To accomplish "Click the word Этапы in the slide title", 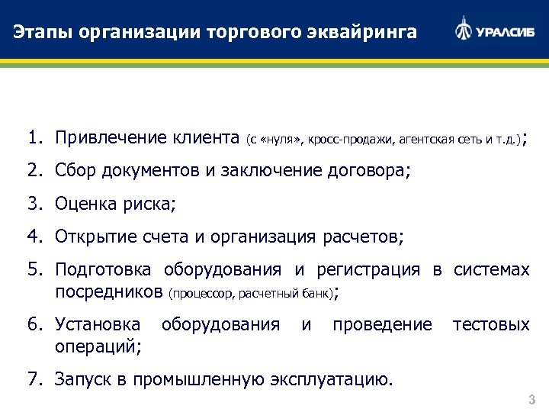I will pyautogui.click(x=40, y=32).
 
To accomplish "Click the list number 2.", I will pyautogui.click(x=34, y=171).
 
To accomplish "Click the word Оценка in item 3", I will pyautogui.click(x=83, y=204).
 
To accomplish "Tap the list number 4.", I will pyautogui.click(x=34, y=237).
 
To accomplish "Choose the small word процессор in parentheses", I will pyautogui.click(x=202, y=292).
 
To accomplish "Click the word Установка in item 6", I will pyautogui.click(x=97, y=324).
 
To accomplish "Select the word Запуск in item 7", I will pyautogui.click(x=82, y=378).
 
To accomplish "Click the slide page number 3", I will pyautogui.click(x=531, y=400).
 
